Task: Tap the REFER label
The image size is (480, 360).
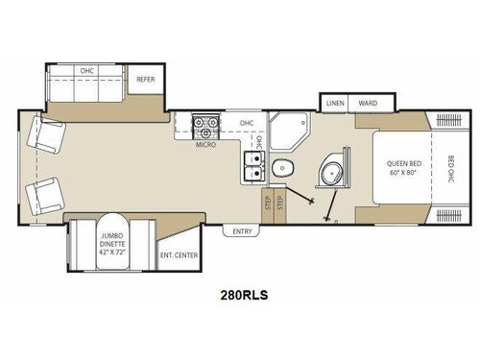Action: tap(145, 79)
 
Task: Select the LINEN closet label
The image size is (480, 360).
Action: tap(335, 103)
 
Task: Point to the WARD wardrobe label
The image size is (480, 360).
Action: tap(367, 103)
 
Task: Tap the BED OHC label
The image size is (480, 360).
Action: tap(449, 169)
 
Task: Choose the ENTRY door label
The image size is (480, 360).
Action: tap(240, 231)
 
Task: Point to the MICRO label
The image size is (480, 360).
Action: tap(205, 145)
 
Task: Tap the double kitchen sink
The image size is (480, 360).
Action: tap(254, 165)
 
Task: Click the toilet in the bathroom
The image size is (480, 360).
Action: tap(278, 169)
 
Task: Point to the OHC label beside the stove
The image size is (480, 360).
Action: tap(247, 123)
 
